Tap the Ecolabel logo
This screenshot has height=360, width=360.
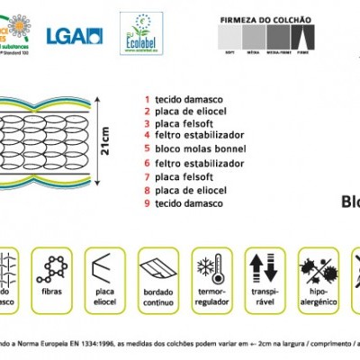pyautogui.click(x=143, y=34)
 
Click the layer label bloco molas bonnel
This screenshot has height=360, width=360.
pyautogui.click(x=200, y=148)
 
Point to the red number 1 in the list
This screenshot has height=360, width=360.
pyautogui.click(x=145, y=100)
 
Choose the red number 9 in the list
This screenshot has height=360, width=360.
pyautogui.click(x=145, y=203)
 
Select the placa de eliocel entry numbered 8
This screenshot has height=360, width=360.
pyautogui.click(x=195, y=190)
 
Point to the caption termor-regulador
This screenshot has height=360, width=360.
pyautogui.click(x=211, y=298)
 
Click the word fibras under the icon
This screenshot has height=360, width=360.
pyautogui.click(x=52, y=292)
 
